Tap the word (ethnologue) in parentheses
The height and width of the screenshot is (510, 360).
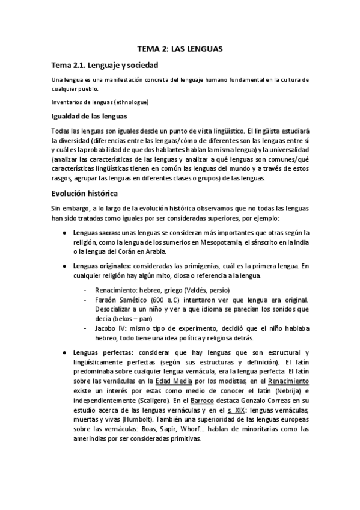132,102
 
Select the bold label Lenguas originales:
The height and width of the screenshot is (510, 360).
99,265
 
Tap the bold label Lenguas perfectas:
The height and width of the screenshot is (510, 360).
99,352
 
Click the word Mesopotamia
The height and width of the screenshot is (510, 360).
218,242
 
